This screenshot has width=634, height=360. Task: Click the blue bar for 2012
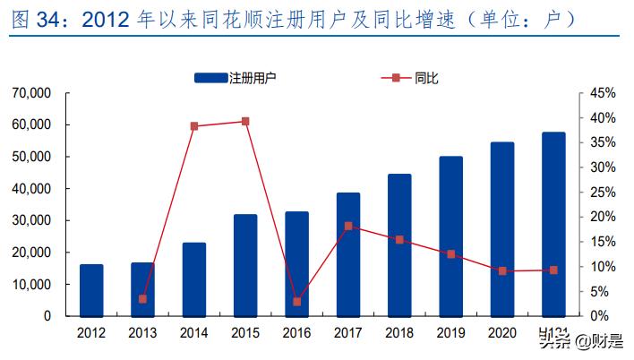(91, 290)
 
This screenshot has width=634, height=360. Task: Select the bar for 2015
(245, 265)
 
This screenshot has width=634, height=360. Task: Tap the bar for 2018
(399, 244)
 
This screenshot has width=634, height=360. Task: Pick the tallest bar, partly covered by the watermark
(553, 224)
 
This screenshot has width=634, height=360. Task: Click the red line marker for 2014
(193, 126)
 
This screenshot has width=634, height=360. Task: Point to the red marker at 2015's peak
(245, 121)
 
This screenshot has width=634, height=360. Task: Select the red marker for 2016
(296, 302)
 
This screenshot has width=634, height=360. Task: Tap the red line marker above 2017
(348, 226)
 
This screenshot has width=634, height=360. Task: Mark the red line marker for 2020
(502, 270)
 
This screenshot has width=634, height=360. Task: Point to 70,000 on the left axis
(32, 93)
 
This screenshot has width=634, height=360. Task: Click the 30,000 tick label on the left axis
(32, 220)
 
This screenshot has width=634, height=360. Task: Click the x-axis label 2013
(142, 333)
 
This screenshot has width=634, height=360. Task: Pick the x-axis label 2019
(450, 333)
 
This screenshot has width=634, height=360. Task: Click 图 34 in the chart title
(36, 19)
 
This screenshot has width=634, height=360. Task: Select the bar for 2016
(296, 264)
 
